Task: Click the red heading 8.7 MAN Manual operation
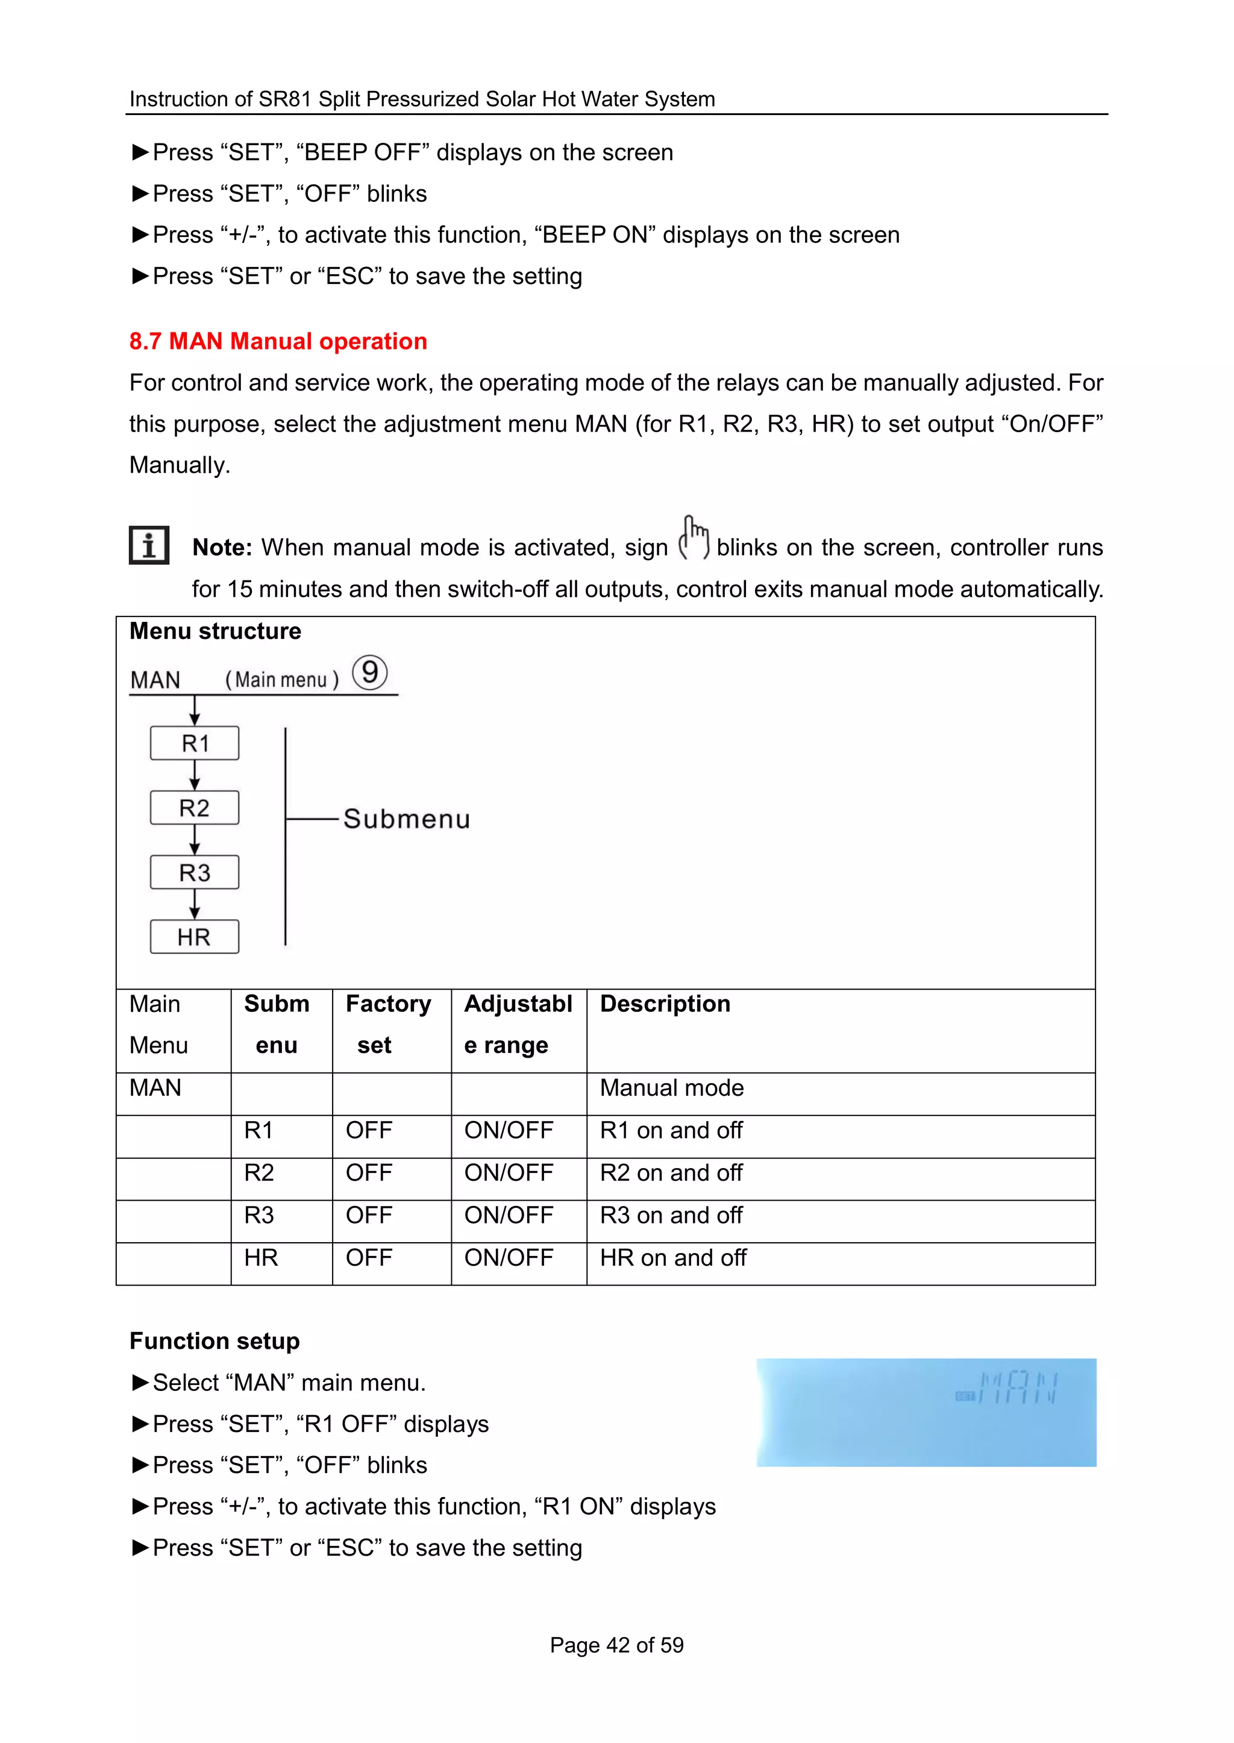point(278,341)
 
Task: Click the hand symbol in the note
point(693,538)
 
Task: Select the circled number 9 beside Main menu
point(370,673)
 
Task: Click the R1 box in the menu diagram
point(195,743)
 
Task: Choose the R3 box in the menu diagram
point(195,873)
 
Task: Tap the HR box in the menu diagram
point(195,937)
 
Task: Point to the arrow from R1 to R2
point(195,775)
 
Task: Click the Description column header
point(665,1004)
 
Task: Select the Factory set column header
point(388,1024)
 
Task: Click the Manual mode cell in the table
point(672,1088)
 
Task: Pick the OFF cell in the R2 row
point(369,1173)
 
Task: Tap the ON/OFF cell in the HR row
point(509,1258)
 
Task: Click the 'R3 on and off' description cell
point(671,1216)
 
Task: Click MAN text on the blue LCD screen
point(1018,1387)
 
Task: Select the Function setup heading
point(215,1341)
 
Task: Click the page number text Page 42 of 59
point(616,1645)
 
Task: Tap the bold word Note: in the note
point(222,547)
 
